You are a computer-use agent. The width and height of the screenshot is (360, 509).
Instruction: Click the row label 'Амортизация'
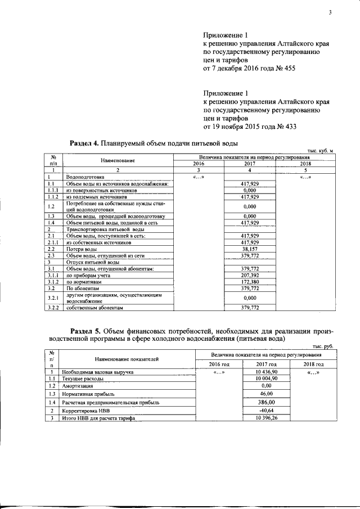[78, 386]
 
